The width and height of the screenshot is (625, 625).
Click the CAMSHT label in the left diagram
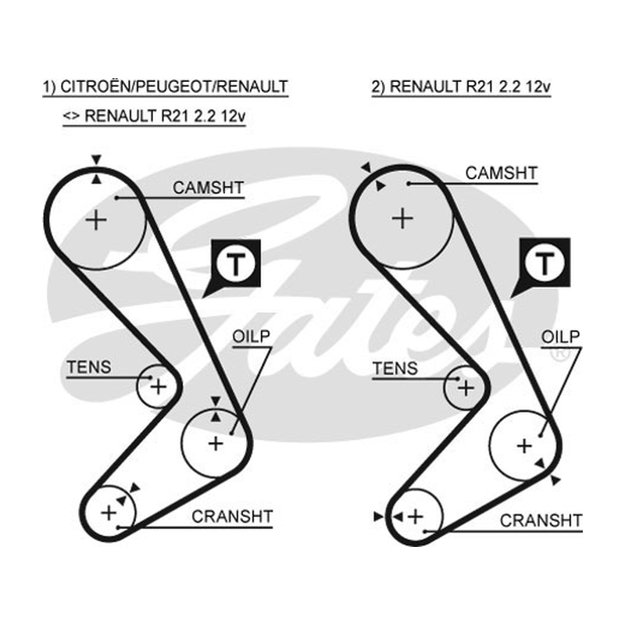tap(208, 187)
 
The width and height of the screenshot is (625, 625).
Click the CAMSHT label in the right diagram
tap(502, 173)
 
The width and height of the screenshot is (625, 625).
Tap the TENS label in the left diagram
tap(89, 367)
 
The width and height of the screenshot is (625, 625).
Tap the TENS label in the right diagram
tap(395, 368)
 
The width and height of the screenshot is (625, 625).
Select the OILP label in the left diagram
tap(251, 337)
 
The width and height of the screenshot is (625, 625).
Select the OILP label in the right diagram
tap(560, 337)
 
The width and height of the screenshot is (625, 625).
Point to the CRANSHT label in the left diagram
tap(232, 516)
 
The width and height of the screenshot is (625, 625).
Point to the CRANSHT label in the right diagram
tap(541, 520)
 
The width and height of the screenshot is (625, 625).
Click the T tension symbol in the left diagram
tap(236, 264)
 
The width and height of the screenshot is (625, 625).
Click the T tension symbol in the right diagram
tap(545, 263)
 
